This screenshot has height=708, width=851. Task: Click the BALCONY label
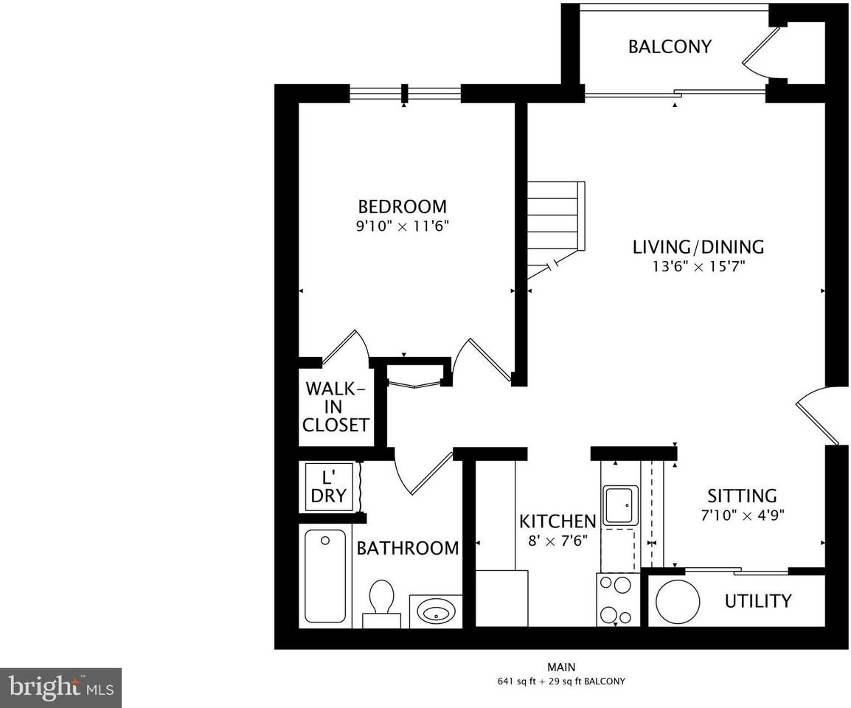(670, 46)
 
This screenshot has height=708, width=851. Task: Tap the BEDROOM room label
(402, 206)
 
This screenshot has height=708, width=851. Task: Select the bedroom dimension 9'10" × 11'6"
(402, 226)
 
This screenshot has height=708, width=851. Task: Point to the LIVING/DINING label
(698, 246)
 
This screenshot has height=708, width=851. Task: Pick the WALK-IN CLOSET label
(336, 406)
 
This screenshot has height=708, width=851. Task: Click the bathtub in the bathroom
(325, 576)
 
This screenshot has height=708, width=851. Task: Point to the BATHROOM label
(407, 548)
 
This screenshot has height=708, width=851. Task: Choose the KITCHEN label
(557, 521)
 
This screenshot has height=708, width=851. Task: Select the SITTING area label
(742, 496)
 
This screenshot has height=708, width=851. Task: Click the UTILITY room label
(757, 601)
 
